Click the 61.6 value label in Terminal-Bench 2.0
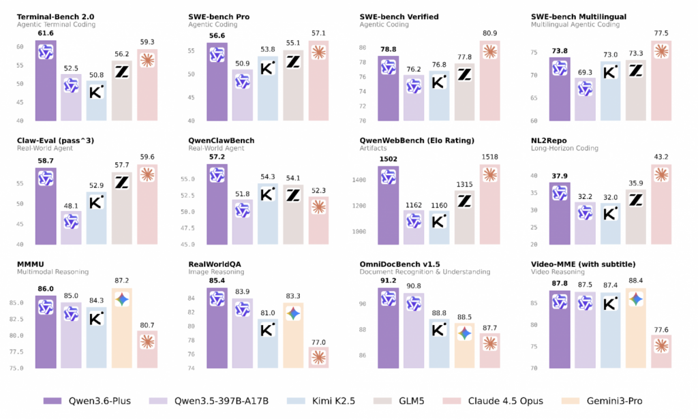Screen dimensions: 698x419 point(46,33)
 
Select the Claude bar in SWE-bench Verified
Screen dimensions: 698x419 point(489,80)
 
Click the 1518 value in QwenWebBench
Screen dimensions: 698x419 point(489,157)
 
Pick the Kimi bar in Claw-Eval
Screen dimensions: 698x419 point(97,218)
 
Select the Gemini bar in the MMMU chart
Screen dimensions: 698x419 point(122,328)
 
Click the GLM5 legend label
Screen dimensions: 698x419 point(411,401)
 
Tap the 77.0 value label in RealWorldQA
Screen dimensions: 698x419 point(318,343)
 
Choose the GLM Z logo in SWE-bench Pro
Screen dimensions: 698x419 point(293,61)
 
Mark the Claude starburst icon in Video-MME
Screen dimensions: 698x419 point(661,345)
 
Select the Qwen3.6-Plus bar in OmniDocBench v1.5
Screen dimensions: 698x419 point(388,328)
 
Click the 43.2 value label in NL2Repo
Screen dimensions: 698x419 point(661,157)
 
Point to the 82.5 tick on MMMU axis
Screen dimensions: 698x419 point(16,320)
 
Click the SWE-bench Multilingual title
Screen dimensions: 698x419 point(578,17)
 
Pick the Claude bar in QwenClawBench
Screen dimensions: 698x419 point(318,221)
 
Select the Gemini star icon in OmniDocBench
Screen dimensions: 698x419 point(464,333)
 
